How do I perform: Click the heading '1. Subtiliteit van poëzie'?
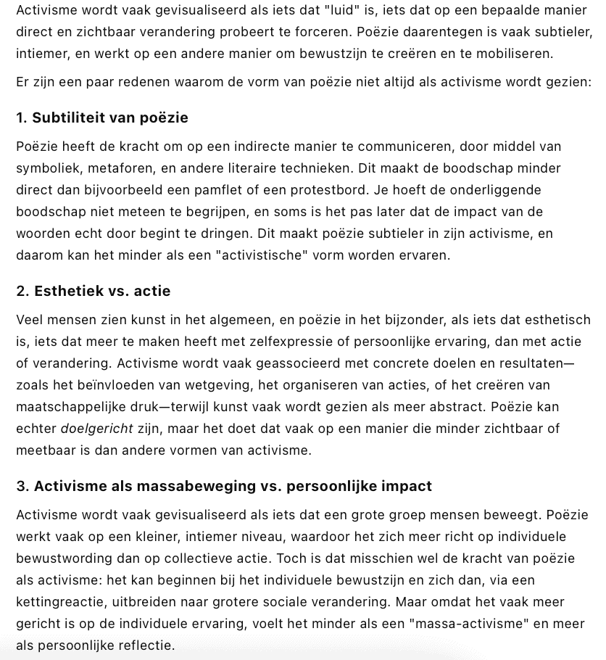[101, 117]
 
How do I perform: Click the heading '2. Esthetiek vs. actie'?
[93, 291]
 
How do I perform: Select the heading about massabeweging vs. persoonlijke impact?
[223, 486]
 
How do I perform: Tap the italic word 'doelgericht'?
[96, 429]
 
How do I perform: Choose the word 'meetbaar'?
[43, 450]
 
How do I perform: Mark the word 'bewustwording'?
[59, 558]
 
